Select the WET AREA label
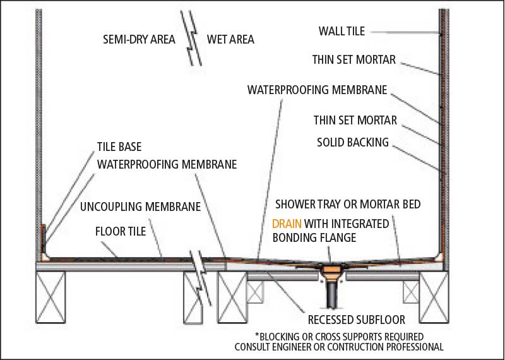tap(230, 39)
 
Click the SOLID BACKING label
tap(352, 142)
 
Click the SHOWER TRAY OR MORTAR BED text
tap(347, 205)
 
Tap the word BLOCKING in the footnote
tap(282, 335)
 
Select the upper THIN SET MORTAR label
tap(353, 60)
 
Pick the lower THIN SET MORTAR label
tap(353, 119)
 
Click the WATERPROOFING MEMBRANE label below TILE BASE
tap(166, 164)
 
